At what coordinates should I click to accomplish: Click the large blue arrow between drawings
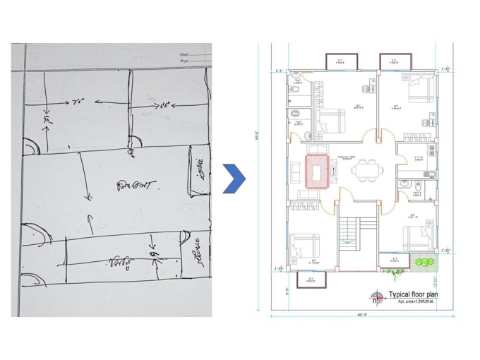point(234,178)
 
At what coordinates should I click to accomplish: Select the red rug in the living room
point(315,172)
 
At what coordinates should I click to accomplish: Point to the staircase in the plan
point(349,232)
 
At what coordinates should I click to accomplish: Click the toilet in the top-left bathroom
point(298,90)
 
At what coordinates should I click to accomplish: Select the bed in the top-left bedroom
point(329,119)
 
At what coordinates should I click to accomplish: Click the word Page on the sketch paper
point(185,62)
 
